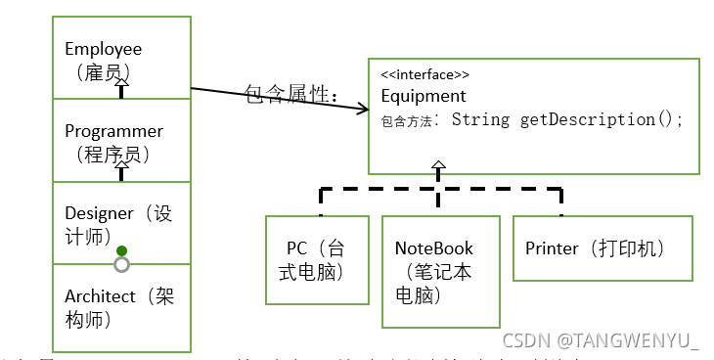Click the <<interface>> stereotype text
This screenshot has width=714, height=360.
(x=424, y=74)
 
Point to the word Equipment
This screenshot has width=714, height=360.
(x=424, y=96)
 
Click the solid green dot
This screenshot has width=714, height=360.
(x=121, y=250)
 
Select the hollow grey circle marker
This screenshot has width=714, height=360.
(x=121, y=264)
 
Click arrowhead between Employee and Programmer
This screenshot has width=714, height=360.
(x=121, y=89)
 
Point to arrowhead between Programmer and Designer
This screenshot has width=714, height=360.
(x=121, y=170)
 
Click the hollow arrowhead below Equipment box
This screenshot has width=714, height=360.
(x=437, y=167)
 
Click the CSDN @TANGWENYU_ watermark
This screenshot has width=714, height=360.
(x=601, y=340)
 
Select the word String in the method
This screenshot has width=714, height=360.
(x=480, y=119)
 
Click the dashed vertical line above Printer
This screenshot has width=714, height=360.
(x=561, y=202)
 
